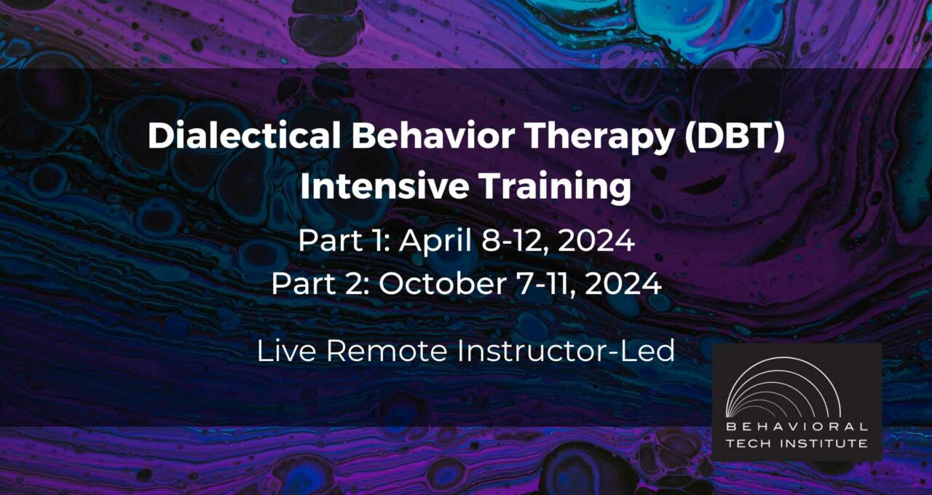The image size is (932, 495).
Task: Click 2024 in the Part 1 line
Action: coord(596,241)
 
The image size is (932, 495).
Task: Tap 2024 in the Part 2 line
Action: coord(623,283)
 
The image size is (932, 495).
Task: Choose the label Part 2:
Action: coord(320,283)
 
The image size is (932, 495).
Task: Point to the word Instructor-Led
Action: coord(566,351)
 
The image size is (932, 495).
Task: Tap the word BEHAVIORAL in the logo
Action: coord(797,427)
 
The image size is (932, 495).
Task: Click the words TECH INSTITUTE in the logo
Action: coord(797,443)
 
